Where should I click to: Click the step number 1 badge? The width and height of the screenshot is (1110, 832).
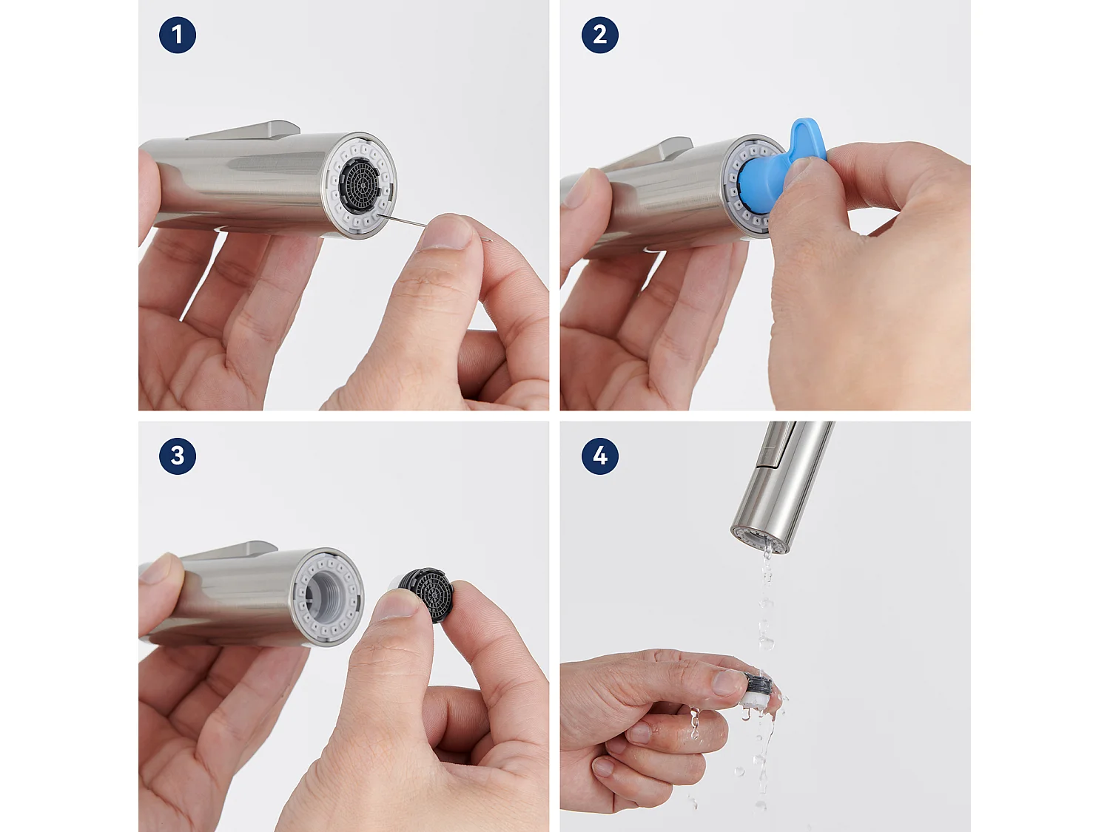pos(178,35)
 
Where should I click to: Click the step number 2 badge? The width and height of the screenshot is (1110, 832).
pos(599,35)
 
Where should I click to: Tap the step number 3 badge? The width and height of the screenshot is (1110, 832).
pos(178,456)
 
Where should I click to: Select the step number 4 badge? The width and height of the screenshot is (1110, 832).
pos(599,456)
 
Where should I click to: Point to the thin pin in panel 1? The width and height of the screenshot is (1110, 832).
pos(403,220)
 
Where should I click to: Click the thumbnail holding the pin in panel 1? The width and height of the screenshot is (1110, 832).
pos(448,231)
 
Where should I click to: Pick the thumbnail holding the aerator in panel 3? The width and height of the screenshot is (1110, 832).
pos(400,605)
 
